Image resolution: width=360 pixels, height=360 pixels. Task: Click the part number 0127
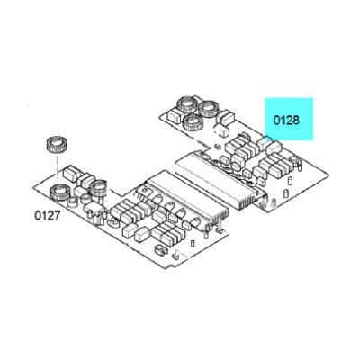point(48,216)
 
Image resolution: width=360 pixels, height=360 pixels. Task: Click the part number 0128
point(286,121)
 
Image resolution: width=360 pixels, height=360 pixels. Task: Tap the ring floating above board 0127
point(57,145)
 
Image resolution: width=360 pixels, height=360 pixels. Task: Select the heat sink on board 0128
point(220,180)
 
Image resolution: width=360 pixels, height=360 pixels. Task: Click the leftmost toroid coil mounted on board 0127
point(59,192)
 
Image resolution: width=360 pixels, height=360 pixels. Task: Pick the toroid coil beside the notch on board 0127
point(98,188)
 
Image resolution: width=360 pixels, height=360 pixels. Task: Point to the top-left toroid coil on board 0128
point(187,104)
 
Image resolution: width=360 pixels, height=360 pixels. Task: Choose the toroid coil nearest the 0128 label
point(209,110)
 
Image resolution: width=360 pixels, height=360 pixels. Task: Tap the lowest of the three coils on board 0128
point(193,122)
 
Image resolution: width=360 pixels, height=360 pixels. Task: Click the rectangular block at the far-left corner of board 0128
point(173,115)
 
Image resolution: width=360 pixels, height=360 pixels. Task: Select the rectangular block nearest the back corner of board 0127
point(70,173)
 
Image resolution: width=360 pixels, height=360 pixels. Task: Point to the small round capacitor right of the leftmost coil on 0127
point(72,202)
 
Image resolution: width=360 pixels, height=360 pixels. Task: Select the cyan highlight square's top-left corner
point(265,98)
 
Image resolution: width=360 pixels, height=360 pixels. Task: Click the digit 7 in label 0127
point(58,216)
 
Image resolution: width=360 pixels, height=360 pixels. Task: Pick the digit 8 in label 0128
point(296,121)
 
